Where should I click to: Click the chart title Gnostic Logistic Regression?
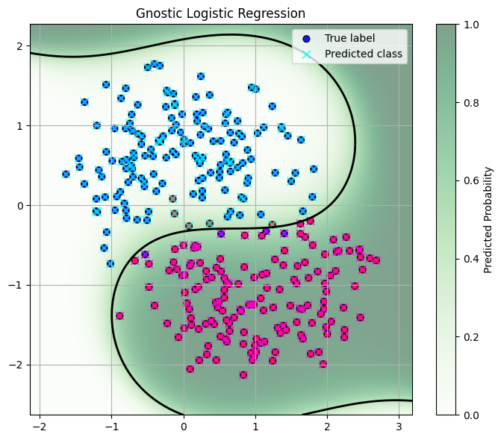[221, 13]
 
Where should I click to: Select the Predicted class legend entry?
[363, 54]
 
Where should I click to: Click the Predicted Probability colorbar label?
[488, 219]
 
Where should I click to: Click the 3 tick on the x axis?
[399, 426]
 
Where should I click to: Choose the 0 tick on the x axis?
[184, 426]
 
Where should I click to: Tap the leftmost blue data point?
[66, 174]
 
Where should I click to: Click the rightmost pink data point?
[376, 260]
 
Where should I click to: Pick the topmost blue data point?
[155, 65]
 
